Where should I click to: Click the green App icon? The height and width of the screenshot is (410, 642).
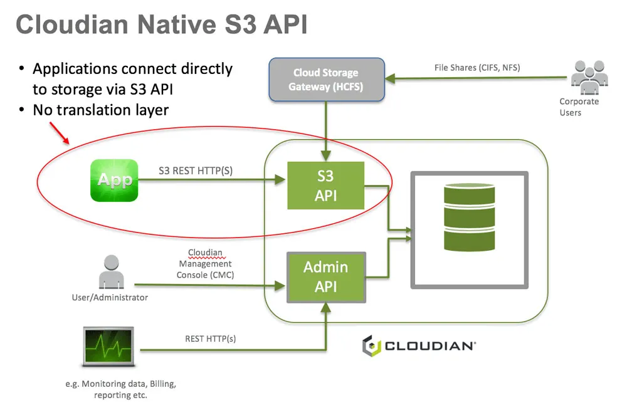(x=114, y=180)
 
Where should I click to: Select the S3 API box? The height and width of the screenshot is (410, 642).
(x=325, y=186)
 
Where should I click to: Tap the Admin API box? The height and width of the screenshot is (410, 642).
(x=326, y=277)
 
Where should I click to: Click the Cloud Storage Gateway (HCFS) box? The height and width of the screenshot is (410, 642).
(x=326, y=80)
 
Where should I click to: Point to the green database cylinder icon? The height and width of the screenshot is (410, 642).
(x=469, y=217)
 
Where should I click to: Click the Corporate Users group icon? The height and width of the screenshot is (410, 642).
(x=589, y=77)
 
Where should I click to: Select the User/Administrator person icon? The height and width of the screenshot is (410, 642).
(x=112, y=272)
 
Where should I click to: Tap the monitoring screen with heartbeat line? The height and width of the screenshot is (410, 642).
(x=108, y=347)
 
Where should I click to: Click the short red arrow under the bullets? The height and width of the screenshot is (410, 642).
(x=60, y=133)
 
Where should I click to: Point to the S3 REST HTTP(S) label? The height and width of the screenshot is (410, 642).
(x=196, y=171)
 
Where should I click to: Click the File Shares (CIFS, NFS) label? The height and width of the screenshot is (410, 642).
(x=477, y=68)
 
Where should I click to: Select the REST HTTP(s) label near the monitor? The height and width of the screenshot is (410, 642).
(x=211, y=339)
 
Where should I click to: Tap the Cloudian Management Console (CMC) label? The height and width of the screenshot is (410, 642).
(x=205, y=264)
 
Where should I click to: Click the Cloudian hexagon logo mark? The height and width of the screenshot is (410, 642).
(x=371, y=345)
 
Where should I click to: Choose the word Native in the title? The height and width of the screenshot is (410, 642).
(x=177, y=24)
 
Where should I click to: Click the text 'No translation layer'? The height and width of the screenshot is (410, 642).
(x=101, y=110)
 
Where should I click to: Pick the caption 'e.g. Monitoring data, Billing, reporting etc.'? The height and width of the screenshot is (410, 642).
(x=120, y=389)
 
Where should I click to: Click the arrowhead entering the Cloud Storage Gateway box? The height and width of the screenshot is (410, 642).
(x=390, y=78)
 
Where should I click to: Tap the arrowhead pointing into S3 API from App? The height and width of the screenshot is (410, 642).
(x=280, y=179)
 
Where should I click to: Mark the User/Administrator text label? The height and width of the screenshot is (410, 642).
(x=110, y=297)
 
